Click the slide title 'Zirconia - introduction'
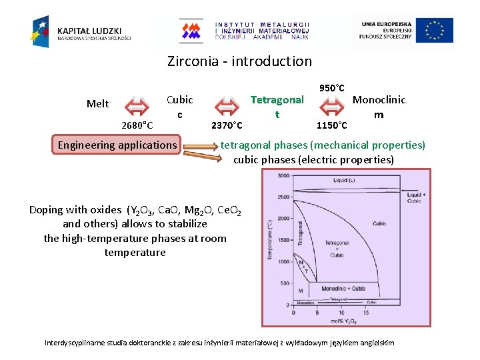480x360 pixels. [239, 61]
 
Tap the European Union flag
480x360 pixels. [435, 31]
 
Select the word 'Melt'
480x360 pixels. [98, 103]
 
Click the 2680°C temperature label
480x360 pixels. [138, 125]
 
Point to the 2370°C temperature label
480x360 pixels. [227, 125]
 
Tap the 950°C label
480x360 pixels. [332, 88]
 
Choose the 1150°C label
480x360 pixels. [331, 125]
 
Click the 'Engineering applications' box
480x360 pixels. [117, 145]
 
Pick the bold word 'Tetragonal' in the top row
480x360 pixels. [277, 100]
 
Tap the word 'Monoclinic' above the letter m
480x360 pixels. [379, 100]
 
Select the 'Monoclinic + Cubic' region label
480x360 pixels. [343, 289]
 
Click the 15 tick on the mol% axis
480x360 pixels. [365, 311]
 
